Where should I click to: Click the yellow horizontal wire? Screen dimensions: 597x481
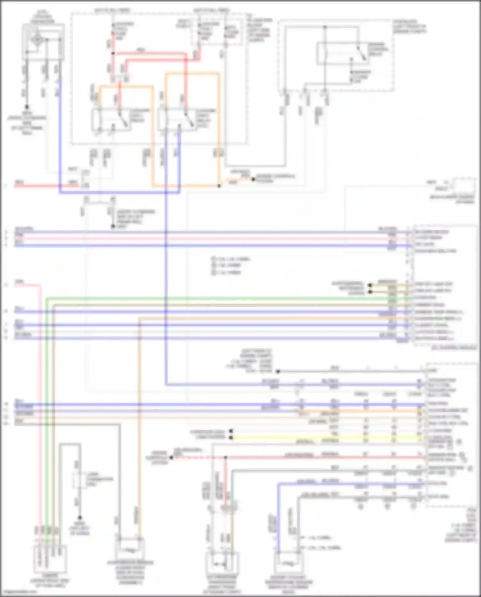tap(321, 438)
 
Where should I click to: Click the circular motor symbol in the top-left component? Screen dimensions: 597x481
tap(37, 40)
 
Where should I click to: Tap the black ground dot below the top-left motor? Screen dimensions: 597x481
tap(27, 107)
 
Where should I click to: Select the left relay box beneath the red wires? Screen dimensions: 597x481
tap(111, 120)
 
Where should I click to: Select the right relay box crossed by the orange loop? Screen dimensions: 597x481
tap(177, 120)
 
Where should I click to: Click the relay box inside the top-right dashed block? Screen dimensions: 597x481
tap(342, 54)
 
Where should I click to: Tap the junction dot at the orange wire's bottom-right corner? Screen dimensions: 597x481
tap(219, 186)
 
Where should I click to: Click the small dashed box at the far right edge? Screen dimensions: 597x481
tap(464, 185)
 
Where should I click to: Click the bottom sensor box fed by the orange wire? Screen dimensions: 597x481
tap(130, 549)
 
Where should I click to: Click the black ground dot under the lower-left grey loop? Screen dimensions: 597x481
tap(80, 517)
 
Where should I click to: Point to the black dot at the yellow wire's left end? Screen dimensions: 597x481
tap(231, 438)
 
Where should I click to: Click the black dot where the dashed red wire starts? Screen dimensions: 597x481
tap(172, 457)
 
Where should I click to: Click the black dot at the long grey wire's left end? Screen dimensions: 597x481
tap(278, 371)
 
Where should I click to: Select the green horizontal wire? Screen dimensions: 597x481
tap(224, 299)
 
